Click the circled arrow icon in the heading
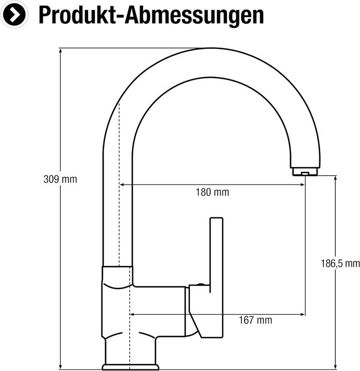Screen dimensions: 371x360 coord(14,14)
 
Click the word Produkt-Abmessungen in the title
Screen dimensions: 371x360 coord(151,15)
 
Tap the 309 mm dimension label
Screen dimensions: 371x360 coord(60,179)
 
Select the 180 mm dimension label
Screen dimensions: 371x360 coord(212,193)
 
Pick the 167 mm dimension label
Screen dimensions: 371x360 coord(255,321)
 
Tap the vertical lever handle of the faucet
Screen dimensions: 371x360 coord(216,258)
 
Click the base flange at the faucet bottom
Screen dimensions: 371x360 coord(129,366)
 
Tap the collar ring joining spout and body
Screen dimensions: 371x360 coord(117,275)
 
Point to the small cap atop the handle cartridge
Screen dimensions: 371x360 coord(199,284)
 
